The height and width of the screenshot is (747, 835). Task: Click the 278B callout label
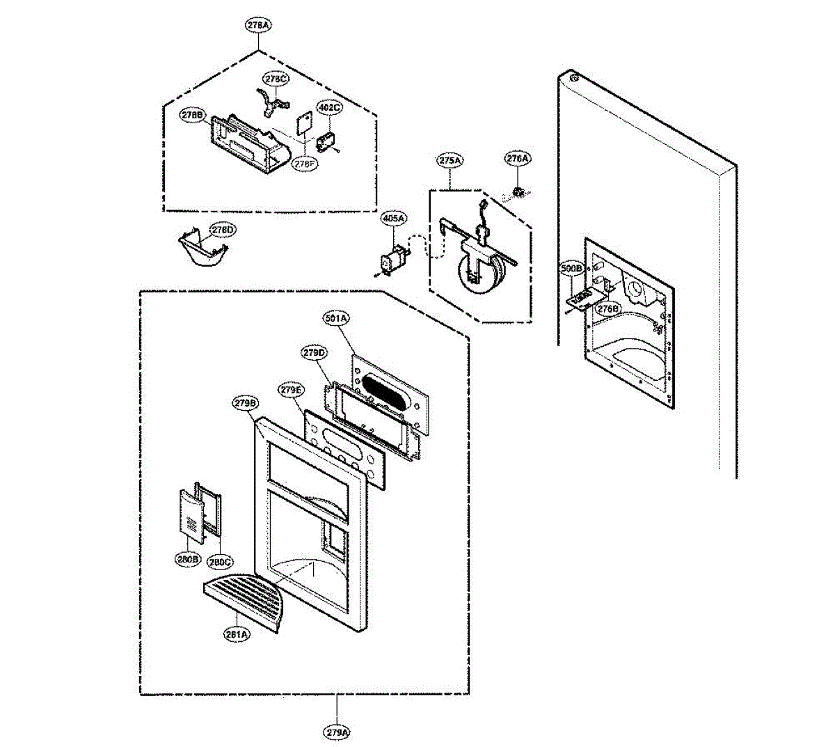[x=191, y=115]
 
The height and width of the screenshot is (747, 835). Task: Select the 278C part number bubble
[x=275, y=79]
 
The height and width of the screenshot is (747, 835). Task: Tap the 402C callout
[x=329, y=108]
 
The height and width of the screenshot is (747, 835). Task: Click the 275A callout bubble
[x=450, y=160]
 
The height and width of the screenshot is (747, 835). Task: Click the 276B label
[x=607, y=308]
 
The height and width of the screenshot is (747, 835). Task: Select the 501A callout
[x=336, y=318]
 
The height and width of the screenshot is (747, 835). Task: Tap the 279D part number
[x=314, y=353]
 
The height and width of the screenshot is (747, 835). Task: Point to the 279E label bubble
[x=291, y=390]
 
